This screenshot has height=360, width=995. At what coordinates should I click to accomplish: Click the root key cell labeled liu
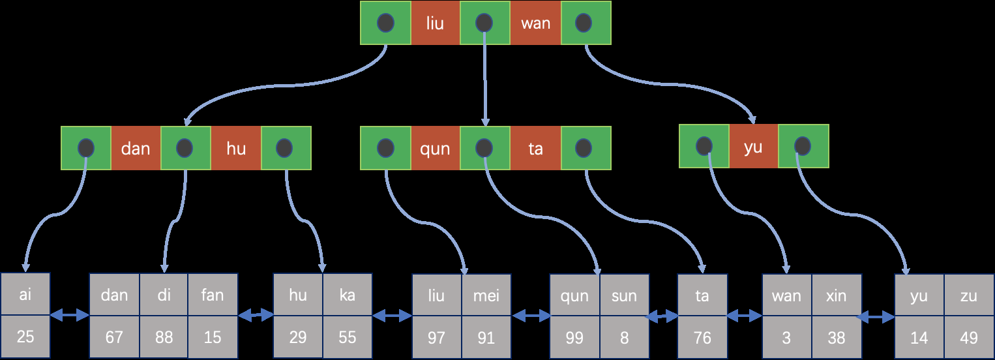click(435, 23)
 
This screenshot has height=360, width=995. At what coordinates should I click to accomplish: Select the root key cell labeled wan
click(535, 23)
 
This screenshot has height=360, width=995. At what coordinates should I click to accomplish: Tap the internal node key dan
click(136, 148)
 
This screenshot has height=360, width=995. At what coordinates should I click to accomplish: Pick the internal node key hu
click(236, 148)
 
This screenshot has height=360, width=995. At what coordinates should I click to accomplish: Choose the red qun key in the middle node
click(435, 148)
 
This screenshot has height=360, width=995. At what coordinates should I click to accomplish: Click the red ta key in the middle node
click(535, 148)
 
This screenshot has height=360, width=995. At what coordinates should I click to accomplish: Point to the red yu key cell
click(753, 147)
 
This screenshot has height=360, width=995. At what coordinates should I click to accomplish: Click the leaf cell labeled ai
click(25, 295)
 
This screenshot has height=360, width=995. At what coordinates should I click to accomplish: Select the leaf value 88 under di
click(164, 337)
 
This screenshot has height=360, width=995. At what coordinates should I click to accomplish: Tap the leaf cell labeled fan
click(213, 295)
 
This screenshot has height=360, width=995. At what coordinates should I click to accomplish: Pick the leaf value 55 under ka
click(348, 337)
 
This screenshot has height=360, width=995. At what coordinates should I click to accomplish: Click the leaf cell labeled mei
click(486, 295)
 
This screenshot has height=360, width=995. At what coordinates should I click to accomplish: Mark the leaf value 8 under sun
click(624, 337)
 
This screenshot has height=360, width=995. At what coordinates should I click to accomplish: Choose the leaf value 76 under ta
click(702, 337)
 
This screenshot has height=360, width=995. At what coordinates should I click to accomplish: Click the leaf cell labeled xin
click(837, 295)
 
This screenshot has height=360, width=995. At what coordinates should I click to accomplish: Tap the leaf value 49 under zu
click(969, 337)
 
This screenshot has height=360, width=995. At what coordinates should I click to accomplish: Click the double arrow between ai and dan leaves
click(70, 316)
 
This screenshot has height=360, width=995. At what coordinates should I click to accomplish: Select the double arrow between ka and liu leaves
click(393, 316)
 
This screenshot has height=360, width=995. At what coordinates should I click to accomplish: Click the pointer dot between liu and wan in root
click(484, 23)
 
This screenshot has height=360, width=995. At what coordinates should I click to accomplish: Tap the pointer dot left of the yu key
click(704, 145)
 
